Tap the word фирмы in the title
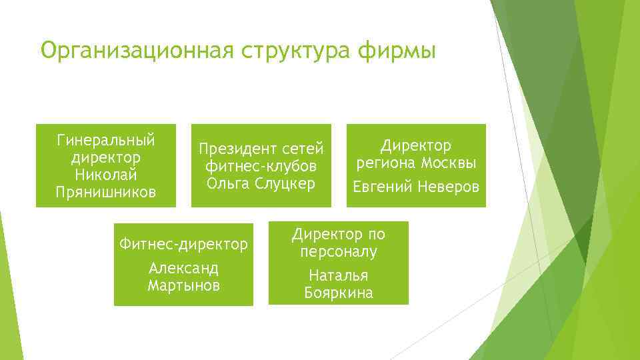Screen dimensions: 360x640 click(x=407, y=51)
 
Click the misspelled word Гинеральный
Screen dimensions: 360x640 click(x=106, y=141)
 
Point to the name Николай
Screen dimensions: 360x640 click(x=106, y=175)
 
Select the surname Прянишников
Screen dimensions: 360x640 click(x=106, y=193)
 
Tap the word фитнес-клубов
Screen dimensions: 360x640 click(x=261, y=165)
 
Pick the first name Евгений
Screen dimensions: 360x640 click(x=383, y=187)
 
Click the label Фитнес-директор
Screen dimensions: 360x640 click(x=183, y=245)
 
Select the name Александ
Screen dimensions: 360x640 click(x=183, y=269)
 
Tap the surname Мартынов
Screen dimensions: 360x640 click(x=183, y=285)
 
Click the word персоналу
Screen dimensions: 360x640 click(x=339, y=252)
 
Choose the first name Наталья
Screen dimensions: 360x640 click(x=339, y=276)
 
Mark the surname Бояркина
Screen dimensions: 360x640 click(x=339, y=293)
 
